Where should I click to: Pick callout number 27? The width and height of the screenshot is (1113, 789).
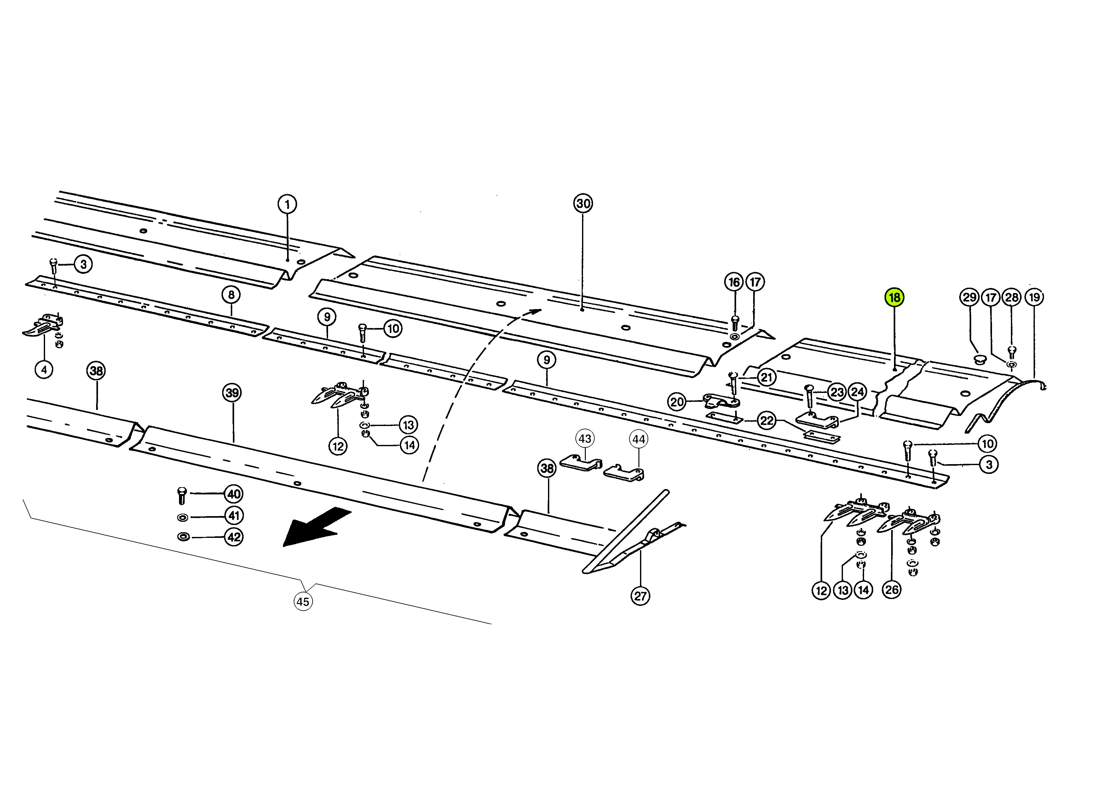click(x=640, y=596)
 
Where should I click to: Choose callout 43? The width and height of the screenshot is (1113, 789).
click(x=585, y=439)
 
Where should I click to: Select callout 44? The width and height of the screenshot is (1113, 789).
click(x=638, y=440)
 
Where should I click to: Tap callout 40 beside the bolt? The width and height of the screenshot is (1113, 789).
click(x=234, y=494)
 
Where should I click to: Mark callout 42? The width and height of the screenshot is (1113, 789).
click(x=234, y=537)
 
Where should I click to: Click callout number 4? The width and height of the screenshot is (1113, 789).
click(x=44, y=370)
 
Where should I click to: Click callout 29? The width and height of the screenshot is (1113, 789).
click(x=970, y=297)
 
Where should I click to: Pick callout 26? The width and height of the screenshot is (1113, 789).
click(x=891, y=590)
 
